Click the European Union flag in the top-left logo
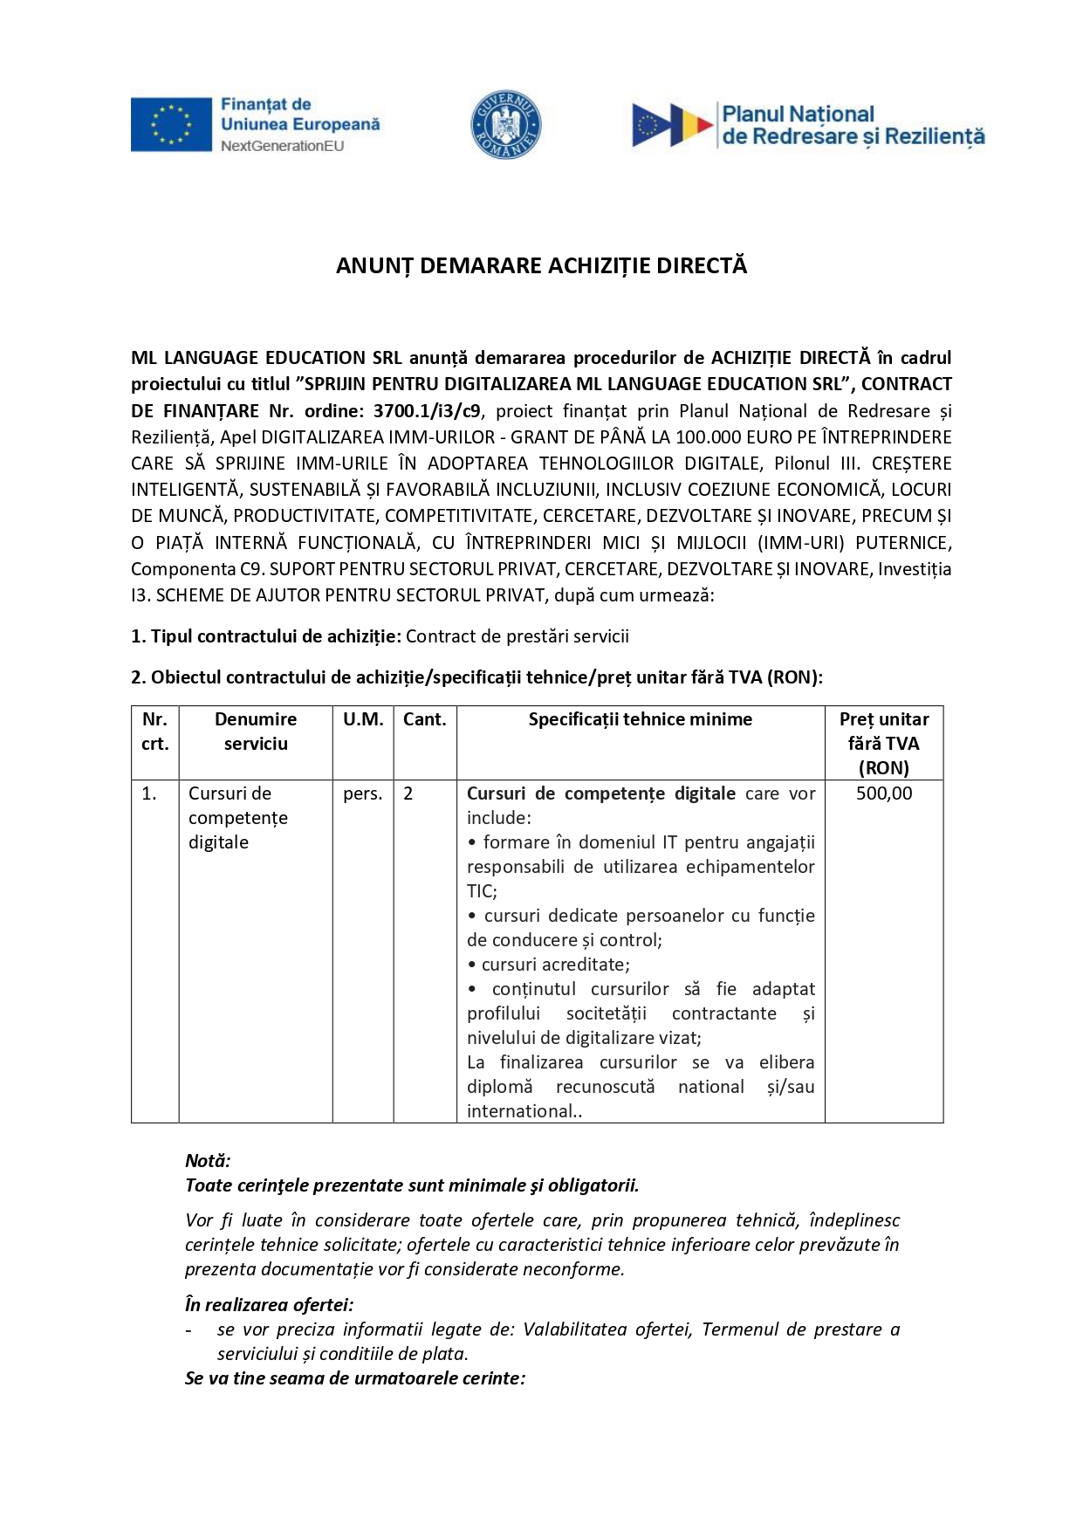pyautogui.click(x=171, y=124)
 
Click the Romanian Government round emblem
pyautogui.click(x=505, y=124)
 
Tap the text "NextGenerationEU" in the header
pyautogui.click(x=282, y=146)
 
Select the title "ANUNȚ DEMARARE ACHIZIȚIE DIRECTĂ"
pyautogui.click(x=541, y=266)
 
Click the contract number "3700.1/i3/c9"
pyautogui.click(x=427, y=410)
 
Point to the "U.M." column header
pyautogui.click(x=363, y=719)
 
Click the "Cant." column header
pyautogui.click(x=424, y=719)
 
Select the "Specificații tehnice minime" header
pyautogui.click(x=640, y=719)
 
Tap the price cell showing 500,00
pyautogui.click(x=883, y=793)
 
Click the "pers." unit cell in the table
pyautogui.click(x=362, y=793)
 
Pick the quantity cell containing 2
pyautogui.click(x=408, y=793)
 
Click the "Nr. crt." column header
pyautogui.click(x=154, y=732)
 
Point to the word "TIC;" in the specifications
pyautogui.click(x=482, y=891)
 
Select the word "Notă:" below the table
pyautogui.click(x=208, y=1161)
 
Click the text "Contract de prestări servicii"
pyautogui.click(x=517, y=636)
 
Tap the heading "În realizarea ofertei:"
pyautogui.click(x=269, y=1305)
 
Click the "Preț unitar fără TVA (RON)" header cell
pyautogui.click(x=883, y=744)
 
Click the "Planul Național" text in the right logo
pyautogui.click(x=798, y=114)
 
